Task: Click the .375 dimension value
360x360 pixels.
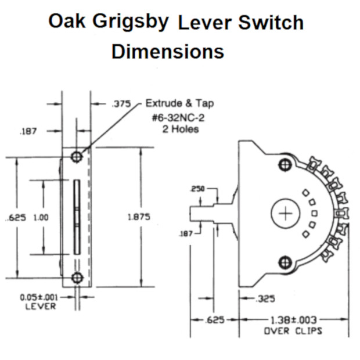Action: pos(120,105)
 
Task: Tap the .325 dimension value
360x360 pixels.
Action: pos(265,300)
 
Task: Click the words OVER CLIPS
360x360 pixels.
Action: pos(293,331)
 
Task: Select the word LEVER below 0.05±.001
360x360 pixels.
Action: pos(40,307)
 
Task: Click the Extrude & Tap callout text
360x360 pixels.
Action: pos(179,104)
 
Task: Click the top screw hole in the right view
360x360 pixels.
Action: pos(285,164)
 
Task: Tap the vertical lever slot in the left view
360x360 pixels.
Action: pos(77,217)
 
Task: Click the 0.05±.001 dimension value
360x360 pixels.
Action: pos(39,297)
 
